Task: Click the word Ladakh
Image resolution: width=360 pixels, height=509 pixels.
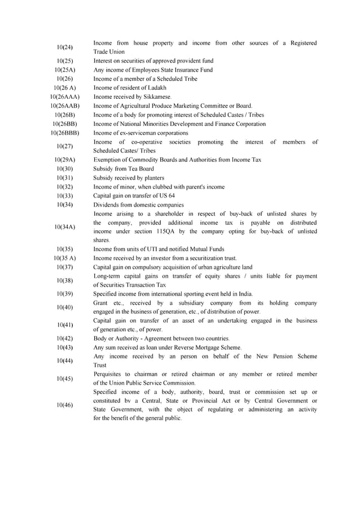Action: click(155, 88)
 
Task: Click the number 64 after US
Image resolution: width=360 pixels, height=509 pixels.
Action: click(171, 196)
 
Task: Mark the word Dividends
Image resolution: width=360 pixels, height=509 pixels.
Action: click(106, 205)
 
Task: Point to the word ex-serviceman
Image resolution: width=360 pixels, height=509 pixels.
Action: click(139, 133)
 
